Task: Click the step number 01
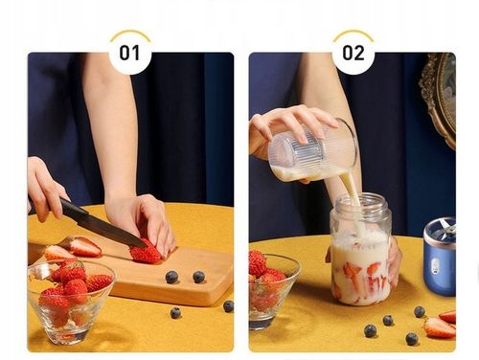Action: point(129,53)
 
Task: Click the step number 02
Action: point(353,53)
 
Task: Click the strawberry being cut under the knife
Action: point(146,254)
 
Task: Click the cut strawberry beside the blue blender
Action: point(440,327)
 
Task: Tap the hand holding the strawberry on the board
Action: point(144,220)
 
